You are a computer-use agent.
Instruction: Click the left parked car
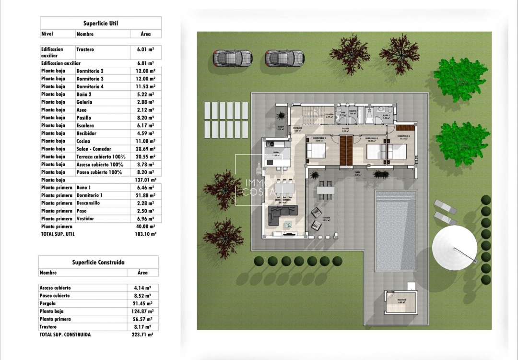(x=233, y=59)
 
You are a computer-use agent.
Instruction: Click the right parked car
(x=285, y=59)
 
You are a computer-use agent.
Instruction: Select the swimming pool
(x=396, y=230)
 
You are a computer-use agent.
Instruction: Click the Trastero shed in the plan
(x=401, y=302)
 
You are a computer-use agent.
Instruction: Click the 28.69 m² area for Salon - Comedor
(x=145, y=149)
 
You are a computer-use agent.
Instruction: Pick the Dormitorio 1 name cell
(x=89, y=195)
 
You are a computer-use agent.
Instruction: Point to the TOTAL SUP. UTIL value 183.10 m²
(x=146, y=234)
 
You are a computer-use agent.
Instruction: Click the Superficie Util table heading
(x=101, y=23)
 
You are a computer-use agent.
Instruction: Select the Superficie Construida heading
(x=98, y=262)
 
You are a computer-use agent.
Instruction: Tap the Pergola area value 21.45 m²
(x=142, y=303)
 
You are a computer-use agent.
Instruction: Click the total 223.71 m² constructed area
(x=142, y=335)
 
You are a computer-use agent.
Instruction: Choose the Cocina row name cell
(x=83, y=141)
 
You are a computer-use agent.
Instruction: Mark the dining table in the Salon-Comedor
(x=283, y=189)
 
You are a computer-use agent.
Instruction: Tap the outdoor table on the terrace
(x=326, y=190)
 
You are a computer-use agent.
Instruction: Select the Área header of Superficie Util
(x=145, y=34)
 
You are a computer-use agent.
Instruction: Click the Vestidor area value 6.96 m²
(x=145, y=218)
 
